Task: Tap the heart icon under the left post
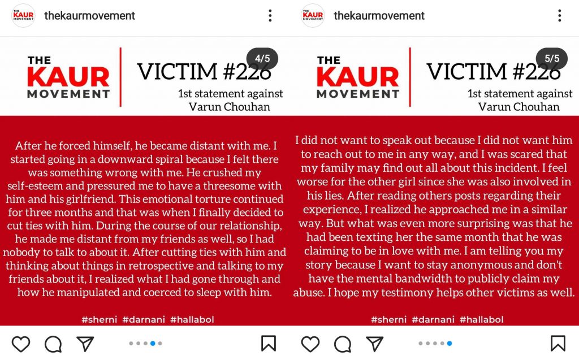click(x=21, y=344)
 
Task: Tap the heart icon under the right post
click(x=310, y=344)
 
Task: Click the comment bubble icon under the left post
click(x=53, y=344)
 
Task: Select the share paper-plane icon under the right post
click(x=374, y=344)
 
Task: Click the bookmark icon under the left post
click(x=269, y=344)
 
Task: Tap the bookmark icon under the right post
click(x=558, y=344)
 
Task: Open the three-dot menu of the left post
click(x=270, y=16)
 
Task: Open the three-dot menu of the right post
click(x=560, y=16)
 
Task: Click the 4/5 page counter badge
click(x=262, y=59)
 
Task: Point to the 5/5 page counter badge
click(x=552, y=59)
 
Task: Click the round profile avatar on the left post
click(x=23, y=16)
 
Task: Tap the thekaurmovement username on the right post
click(x=379, y=16)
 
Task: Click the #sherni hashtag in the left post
click(x=99, y=320)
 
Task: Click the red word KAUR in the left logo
click(x=68, y=77)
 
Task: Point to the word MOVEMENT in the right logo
click(x=358, y=94)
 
